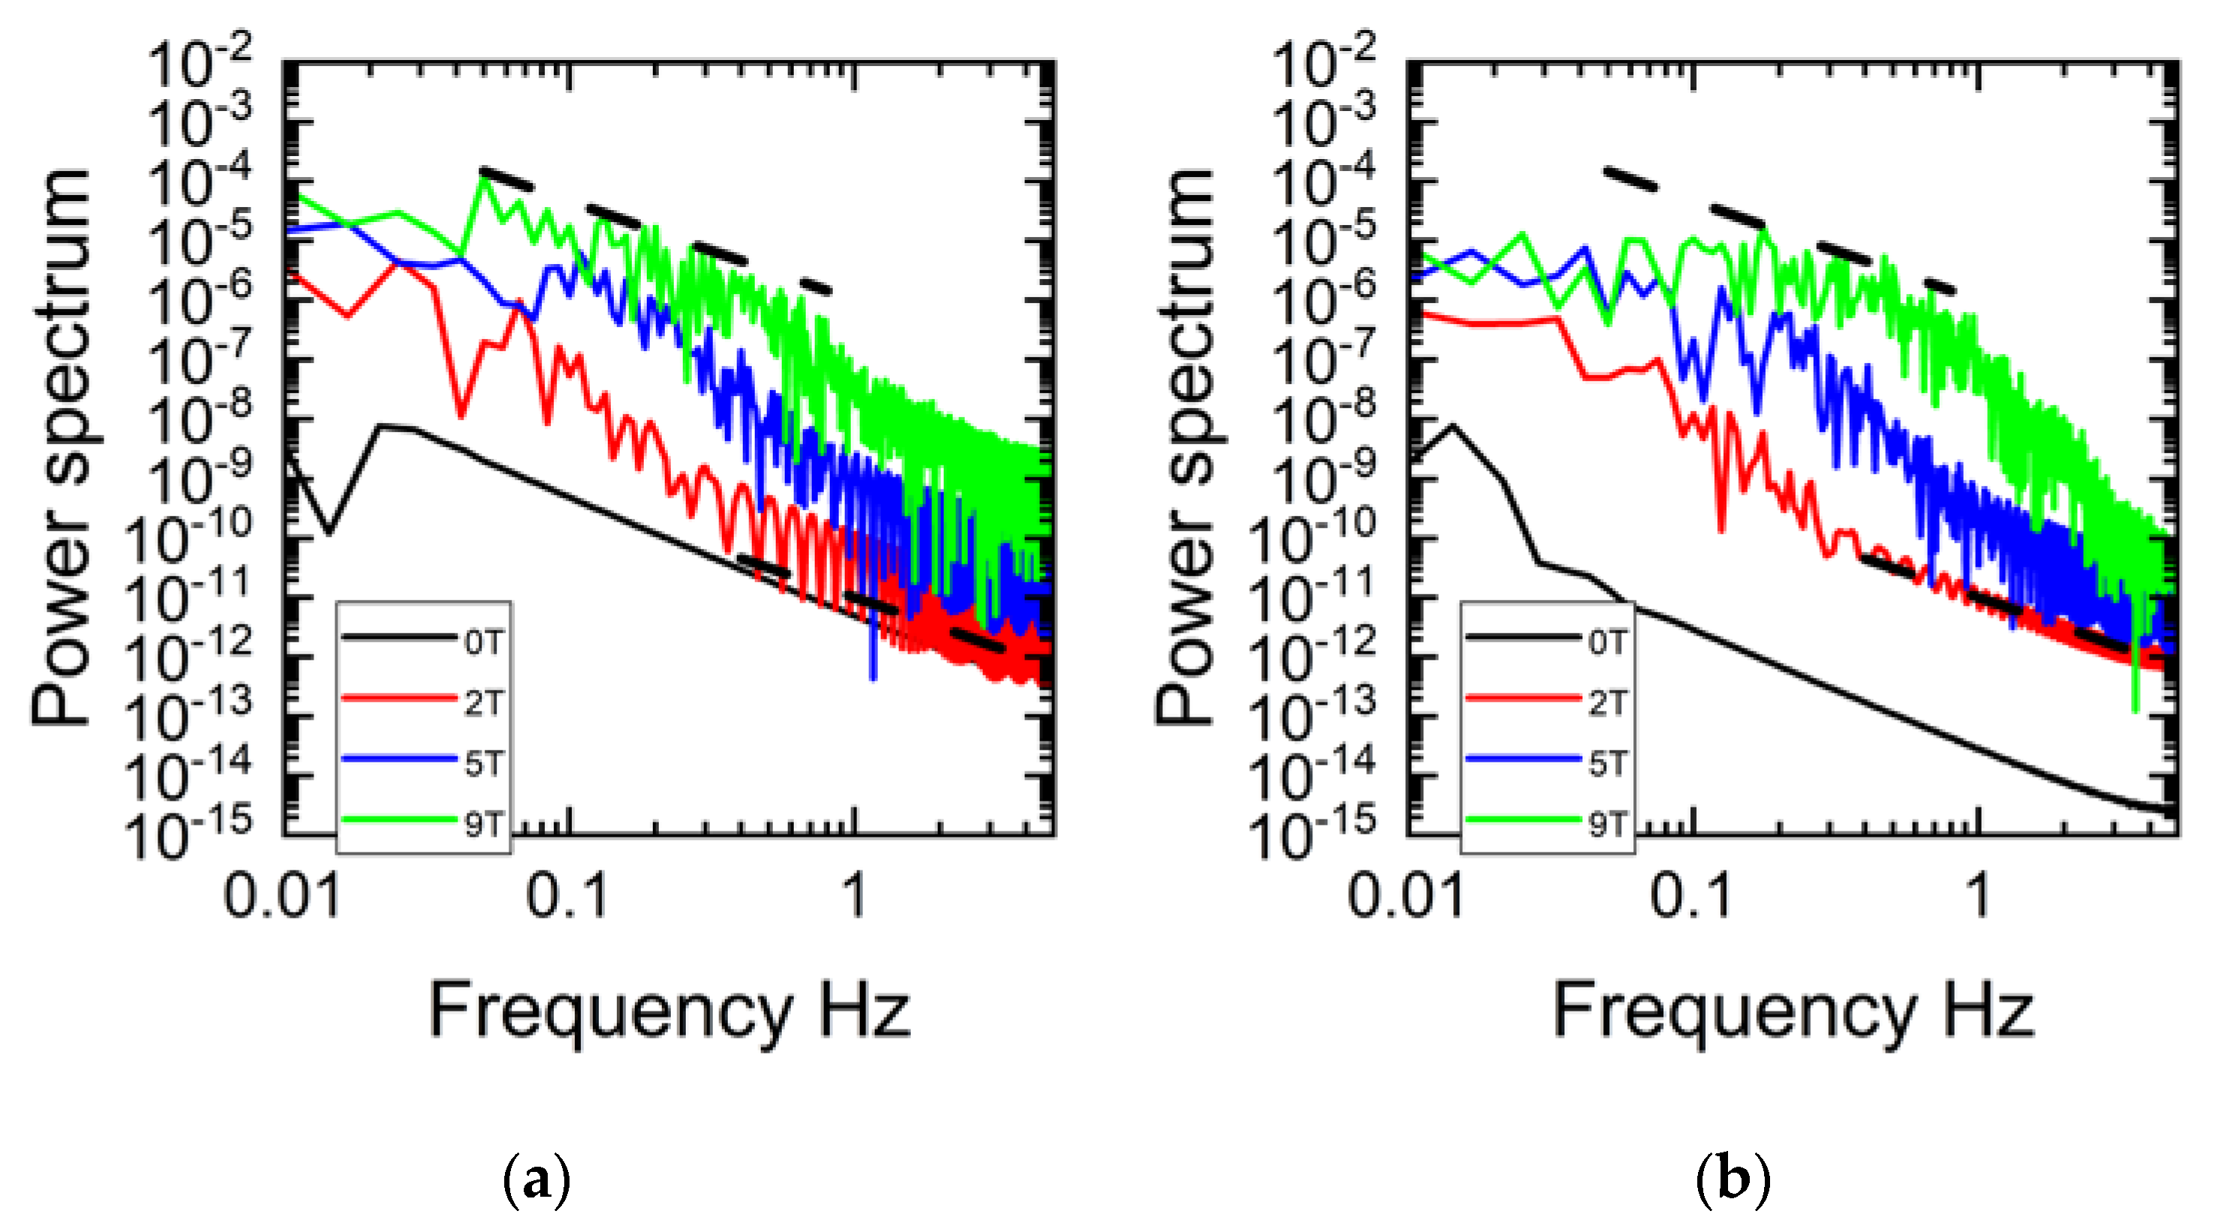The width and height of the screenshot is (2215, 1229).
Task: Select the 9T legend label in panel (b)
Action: pos(1606,824)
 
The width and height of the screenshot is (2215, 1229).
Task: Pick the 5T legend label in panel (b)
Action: pos(1606,763)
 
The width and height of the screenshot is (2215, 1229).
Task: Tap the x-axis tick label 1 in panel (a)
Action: pos(853,894)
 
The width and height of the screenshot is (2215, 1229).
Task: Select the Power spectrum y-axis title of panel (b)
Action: pos(1184,447)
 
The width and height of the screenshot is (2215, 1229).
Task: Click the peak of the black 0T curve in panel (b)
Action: pos(1453,425)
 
